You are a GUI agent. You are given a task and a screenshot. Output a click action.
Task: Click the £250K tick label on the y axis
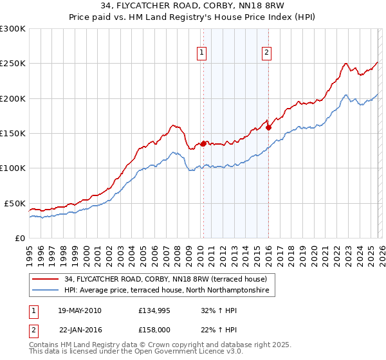[13, 64]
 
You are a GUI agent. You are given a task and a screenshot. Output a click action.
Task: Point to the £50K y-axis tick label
[15, 203]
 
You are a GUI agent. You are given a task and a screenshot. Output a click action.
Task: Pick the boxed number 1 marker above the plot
[202, 53]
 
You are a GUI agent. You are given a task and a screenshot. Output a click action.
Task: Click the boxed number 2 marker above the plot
[266, 53]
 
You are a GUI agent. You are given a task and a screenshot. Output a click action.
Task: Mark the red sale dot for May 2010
[203, 144]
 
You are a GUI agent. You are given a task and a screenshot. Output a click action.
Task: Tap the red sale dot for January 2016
[268, 128]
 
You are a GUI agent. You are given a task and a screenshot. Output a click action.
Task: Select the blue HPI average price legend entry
[169, 291]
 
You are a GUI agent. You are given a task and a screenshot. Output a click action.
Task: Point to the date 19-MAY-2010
[80, 310]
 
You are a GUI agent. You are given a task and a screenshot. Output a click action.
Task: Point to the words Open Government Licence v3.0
[194, 353]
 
